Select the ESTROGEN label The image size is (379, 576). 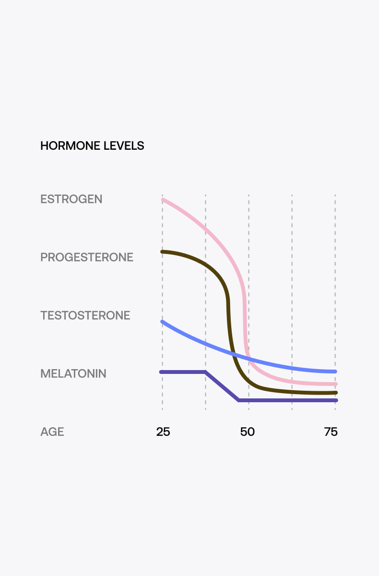[x=71, y=199]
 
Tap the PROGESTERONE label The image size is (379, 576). [x=86, y=257]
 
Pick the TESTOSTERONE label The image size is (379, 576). [x=85, y=315]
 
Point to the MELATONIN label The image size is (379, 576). [x=73, y=373]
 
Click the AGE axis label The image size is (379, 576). [x=52, y=432]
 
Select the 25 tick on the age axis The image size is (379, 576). [x=163, y=432]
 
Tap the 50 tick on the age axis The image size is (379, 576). [x=248, y=432]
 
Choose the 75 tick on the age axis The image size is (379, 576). [x=331, y=432]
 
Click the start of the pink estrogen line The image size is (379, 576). [x=163, y=199]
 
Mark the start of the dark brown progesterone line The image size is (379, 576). [x=162, y=252]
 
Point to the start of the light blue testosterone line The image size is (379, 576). [x=162, y=321]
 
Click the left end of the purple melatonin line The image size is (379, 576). [x=161, y=372]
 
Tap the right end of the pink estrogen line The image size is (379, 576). [x=336, y=384]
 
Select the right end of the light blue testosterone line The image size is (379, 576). [x=335, y=372]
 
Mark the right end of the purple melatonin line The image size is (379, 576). [x=336, y=400]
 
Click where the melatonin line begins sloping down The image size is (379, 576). [x=206, y=372]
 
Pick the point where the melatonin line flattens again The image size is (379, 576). [x=239, y=400]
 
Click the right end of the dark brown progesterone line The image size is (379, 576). [x=336, y=393]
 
